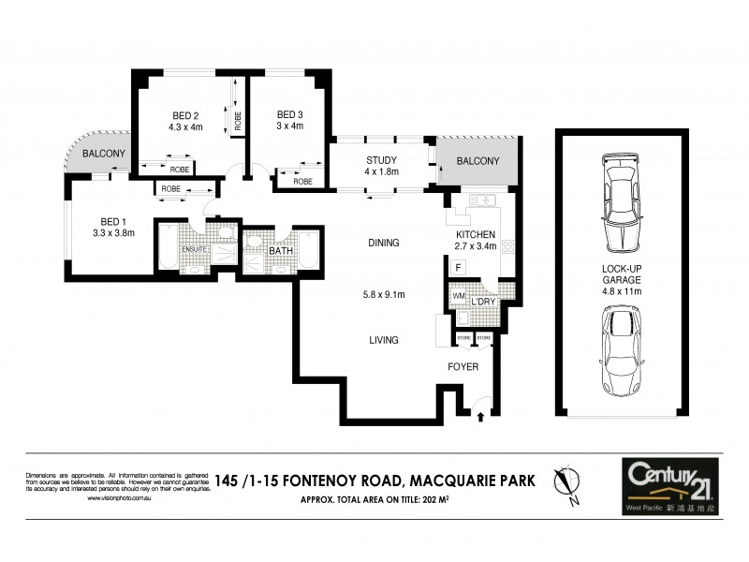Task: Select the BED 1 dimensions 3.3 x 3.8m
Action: [113, 233]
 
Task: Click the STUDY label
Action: [381, 159]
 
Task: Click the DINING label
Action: [384, 243]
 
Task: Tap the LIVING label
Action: [384, 340]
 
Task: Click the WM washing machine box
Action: [459, 297]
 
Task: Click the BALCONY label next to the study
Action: [477, 161]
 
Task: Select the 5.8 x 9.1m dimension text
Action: [384, 295]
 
